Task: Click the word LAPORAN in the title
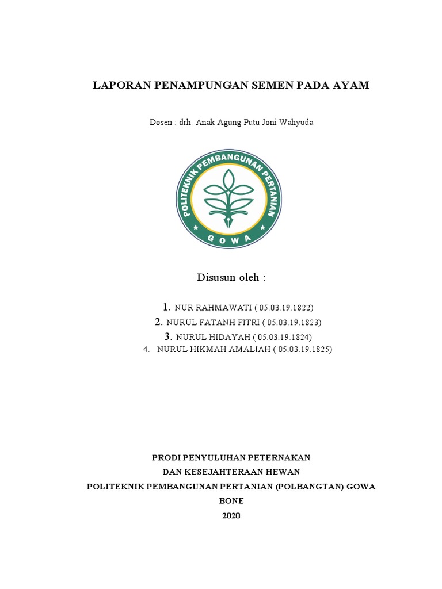tap(120, 86)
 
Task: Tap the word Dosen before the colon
tap(161, 123)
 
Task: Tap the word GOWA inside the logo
tap(229, 238)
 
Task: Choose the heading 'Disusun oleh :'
tap(231, 278)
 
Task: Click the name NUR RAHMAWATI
tap(211, 307)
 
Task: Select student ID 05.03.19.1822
tap(283, 307)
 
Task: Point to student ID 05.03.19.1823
tap(291, 322)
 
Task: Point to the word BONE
tap(231, 501)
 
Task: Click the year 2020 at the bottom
tap(231, 516)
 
